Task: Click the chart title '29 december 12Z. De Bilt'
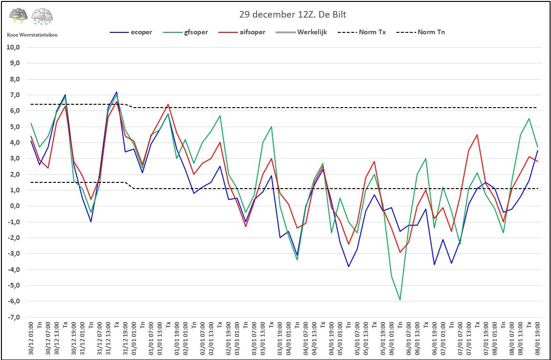pyautogui.click(x=293, y=14)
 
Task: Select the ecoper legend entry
pyautogui.click(x=130, y=32)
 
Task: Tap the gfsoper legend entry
pyautogui.click(x=186, y=32)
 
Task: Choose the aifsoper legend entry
pyautogui.click(x=241, y=32)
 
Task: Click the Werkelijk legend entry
pyautogui.click(x=301, y=32)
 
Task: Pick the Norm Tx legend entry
pyautogui.click(x=361, y=32)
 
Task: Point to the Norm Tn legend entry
pyautogui.click(x=421, y=32)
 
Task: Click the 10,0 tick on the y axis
pyautogui.click(x=14, y=48)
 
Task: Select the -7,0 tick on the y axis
pyautogui.click(x=14, y=318)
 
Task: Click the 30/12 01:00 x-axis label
pyautogui.click(x=31, y=338)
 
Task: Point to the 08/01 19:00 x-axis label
pyautogui.click(x=537, y=338)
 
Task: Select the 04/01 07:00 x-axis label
pyautogui.click(x=306, y=338)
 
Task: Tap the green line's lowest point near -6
pyautogui.click(x=400, y=300)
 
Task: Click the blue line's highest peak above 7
pyautogui.click(x=117, y=92)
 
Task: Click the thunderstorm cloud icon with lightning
pyautogui.click(x=18, y=16)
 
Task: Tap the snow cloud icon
pyautogui.click(x=42, y=16)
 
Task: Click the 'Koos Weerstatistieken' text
pyautogui.click(x=32, y=35)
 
